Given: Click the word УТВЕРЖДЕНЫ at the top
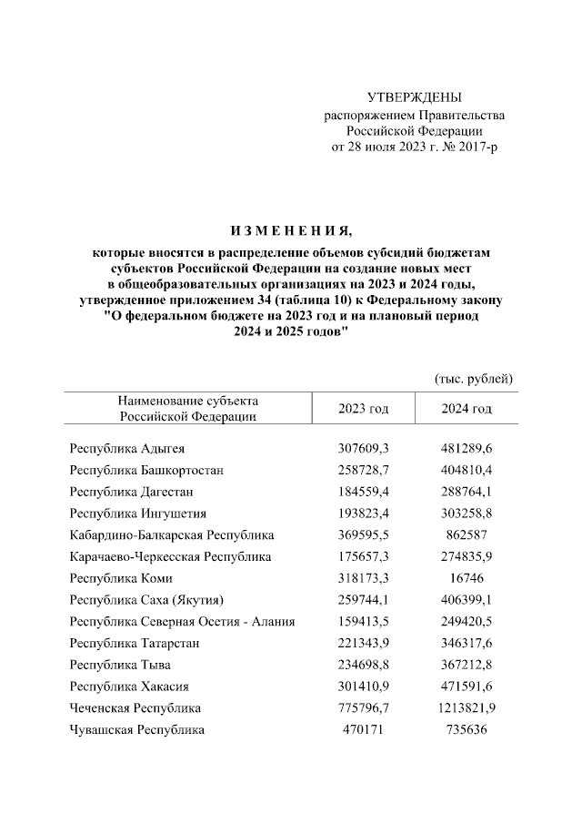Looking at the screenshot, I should click(414, 97).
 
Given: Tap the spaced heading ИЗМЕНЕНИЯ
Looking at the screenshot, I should click(291, 228).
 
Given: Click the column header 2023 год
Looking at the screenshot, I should click(363, 409).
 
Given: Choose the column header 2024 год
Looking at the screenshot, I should click(467, 409).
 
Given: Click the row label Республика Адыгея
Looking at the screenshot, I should click(127, 449).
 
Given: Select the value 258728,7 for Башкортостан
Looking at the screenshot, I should click(363, 471).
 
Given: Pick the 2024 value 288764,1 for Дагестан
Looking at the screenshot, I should click(467, 492).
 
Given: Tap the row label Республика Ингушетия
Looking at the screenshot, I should click(137, 514).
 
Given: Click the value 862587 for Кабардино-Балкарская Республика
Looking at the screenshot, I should click(467, 535).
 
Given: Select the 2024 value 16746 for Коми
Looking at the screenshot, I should click(467, 578).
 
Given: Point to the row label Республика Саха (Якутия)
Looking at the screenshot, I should click(146, 600).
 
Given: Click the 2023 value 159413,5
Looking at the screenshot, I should click(363, 622).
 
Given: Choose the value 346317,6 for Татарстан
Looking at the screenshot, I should click(467, 643).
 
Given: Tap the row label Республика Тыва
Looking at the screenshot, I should click(120, 665).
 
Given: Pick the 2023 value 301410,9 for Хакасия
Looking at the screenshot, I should click(363, 687).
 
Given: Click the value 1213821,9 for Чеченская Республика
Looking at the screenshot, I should click(467, 707).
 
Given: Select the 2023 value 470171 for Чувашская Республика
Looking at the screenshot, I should click(363, 729).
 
